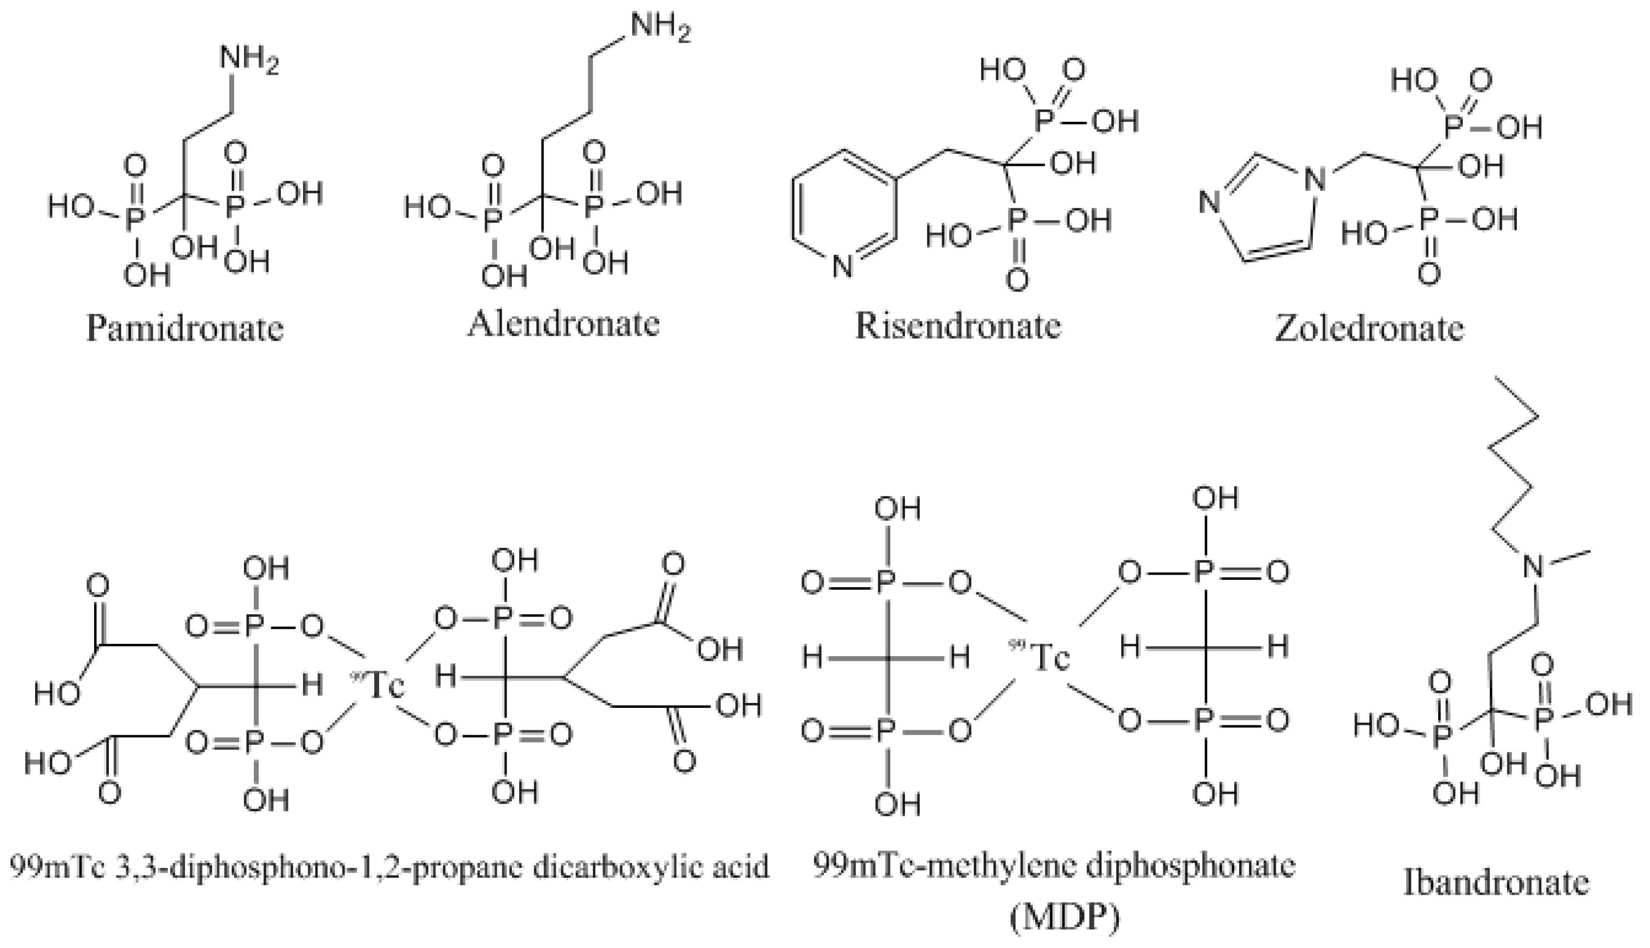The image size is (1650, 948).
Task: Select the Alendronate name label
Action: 563,324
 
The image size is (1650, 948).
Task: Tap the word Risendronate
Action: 958,326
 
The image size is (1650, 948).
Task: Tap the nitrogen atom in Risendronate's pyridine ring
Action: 843,267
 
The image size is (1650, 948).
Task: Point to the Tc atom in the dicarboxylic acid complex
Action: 382,685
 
